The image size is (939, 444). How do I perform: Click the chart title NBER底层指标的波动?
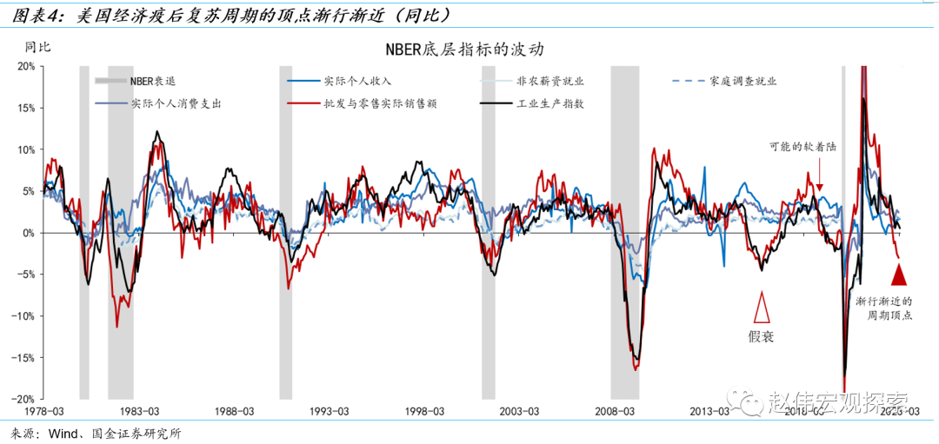click(x=469, y=50)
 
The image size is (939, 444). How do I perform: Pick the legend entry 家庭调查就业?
click(x=742, y=81)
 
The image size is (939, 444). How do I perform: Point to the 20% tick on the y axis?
click(x=25, y=67)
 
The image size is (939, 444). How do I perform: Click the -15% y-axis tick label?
click(x=23, y=357)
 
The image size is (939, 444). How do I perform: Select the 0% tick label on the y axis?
click(x=28, y=233)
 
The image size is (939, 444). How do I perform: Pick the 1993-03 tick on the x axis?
click(x=330, y=411)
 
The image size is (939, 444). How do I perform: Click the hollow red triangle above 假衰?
click(x=762, y=308)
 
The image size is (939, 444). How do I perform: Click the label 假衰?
click(x=761, y=335)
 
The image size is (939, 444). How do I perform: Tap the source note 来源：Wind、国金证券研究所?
click(x=96, y=432)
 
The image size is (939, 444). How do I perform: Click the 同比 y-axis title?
click(x=37, y=46)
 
